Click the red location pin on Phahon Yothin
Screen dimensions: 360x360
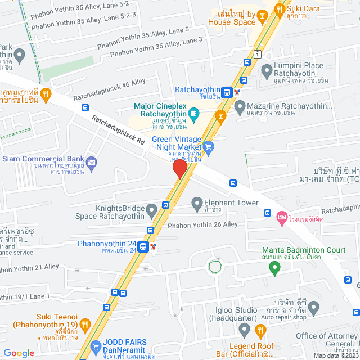(179, 169)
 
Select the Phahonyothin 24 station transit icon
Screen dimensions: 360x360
(143, 246)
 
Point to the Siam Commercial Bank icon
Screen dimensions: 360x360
(92, 163)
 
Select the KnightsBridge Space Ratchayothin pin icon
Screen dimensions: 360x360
(151, 211)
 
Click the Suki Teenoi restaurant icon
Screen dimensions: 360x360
(84, 324)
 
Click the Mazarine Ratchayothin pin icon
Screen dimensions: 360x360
(240, 106)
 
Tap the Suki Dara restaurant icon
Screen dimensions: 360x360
(279, 8)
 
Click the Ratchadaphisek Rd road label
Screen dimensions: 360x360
(119, 130)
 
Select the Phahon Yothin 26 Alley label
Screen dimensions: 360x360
(203, 224)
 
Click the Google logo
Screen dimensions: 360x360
(19, 353)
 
